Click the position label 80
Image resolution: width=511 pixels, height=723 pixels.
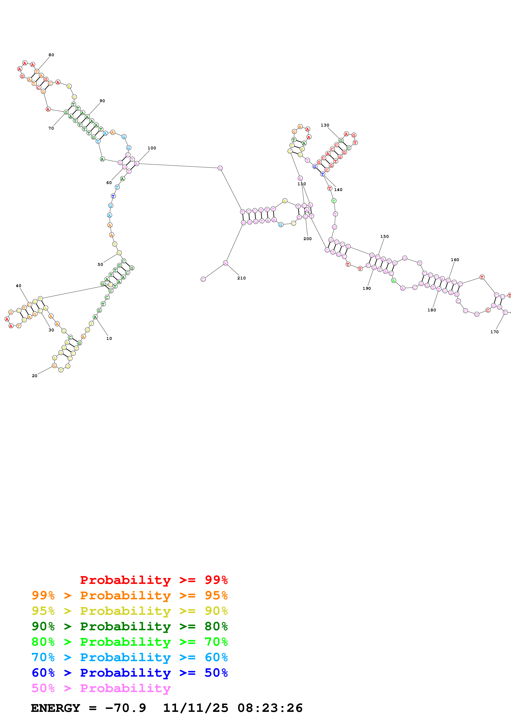click(51, 55)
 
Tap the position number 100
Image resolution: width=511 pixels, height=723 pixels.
click(152, 148)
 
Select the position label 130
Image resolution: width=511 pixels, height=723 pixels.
click(325, 125)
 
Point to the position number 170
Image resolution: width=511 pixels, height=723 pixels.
click(494, 332)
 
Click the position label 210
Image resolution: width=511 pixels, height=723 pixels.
click(242, 278)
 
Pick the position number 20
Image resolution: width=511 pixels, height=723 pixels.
click(35, 376)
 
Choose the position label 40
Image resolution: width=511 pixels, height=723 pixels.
click(19, 286)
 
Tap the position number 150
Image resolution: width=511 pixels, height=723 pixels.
click(384, 236)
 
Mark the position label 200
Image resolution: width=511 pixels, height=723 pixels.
click(308, 238)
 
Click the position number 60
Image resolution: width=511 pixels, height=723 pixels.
click(109, 183)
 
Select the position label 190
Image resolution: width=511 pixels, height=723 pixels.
click(367, 288)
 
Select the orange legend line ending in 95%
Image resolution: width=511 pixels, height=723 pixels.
click(130, 595)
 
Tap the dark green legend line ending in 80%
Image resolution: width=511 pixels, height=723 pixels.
click(130, 626)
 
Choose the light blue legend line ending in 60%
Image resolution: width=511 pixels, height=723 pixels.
click(130, 657)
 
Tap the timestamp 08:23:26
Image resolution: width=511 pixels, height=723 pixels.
click(270, 708)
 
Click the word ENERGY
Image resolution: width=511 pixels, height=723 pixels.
click(55, 708)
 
